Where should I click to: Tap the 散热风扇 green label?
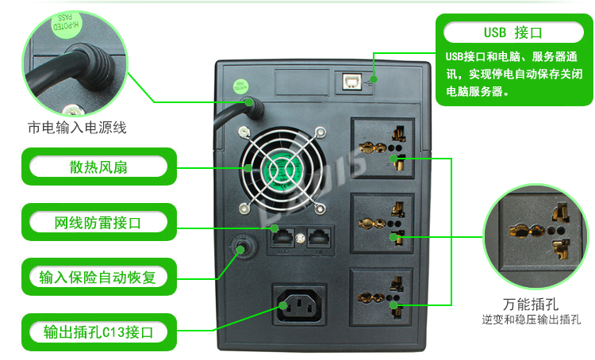[98, 167]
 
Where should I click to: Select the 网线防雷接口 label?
[98, 223]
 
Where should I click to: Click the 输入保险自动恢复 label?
[98, 278]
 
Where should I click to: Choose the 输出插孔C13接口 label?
[98, 331]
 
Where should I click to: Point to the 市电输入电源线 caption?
[77, 127]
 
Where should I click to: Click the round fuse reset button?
[240, 249]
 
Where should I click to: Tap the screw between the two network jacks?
[300, 238]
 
